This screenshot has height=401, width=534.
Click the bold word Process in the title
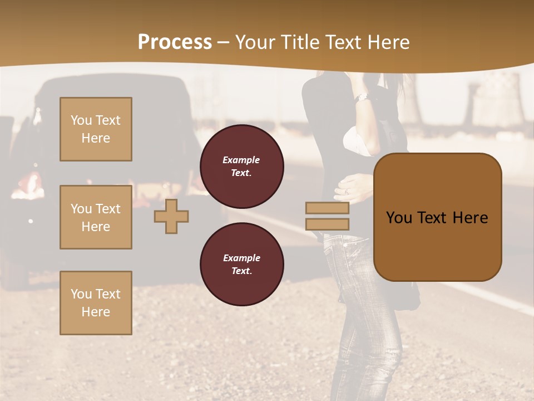[175, 42]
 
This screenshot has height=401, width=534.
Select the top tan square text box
[96, 129]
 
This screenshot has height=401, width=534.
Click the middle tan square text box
[96, 217]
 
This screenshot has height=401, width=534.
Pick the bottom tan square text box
[96, 303]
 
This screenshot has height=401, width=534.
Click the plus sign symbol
[171, 216]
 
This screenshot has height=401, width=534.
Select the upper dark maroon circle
[242, 166]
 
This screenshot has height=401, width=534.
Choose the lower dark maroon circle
[242, 264]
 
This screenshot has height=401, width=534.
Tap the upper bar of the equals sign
[327, 208]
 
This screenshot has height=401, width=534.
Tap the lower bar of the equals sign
[327, 224]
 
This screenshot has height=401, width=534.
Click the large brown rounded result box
[437, 217]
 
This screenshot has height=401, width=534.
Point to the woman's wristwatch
[362, 97]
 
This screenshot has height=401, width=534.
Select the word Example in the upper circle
[241, 160]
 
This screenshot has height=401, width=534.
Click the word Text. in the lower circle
[241, 271]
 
